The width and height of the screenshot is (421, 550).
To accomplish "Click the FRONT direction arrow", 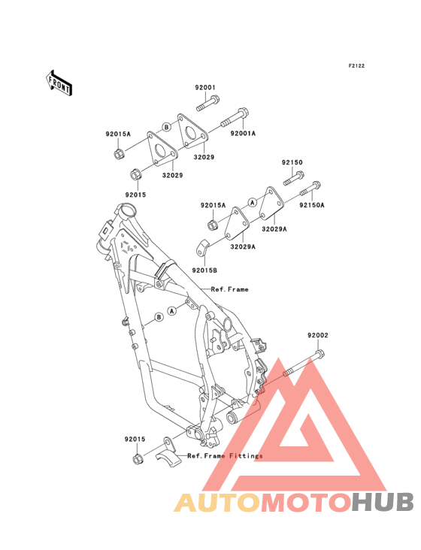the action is coord(59,83).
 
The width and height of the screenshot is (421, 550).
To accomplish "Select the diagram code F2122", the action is coord(356,65).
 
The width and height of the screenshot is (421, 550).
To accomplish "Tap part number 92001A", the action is coord(243,133).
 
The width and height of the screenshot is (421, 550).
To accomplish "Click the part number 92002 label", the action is coord(318,335).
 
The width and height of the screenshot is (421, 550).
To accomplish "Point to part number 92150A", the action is coord(312,205).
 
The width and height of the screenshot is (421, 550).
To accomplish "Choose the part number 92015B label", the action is coord(204,270).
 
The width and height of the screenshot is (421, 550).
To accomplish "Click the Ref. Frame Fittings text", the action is coord(225,455).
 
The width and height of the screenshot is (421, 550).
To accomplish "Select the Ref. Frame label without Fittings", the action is coord(230,289).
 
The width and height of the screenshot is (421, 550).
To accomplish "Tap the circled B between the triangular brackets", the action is coord(167,127).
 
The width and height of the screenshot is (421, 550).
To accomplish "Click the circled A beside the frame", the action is coord(172,311).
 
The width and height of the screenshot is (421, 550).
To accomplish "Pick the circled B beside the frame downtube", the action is coord(159,317).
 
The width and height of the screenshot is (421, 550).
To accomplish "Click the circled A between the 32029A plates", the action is coord(253,202).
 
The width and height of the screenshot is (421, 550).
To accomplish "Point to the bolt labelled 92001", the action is coord(207,103).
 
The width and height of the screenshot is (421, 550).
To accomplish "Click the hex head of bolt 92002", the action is coord(320,354).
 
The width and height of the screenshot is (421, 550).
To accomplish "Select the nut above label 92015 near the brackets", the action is coord(135,174).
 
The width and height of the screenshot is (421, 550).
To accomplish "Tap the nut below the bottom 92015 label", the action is coord(138,458).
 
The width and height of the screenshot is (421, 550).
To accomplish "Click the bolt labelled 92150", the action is coord(294,179).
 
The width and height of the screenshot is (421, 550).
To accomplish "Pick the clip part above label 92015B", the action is coord(201,248).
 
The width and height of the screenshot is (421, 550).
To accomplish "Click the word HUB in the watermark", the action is coord(383,502).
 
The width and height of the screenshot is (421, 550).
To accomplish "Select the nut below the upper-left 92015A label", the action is coord(118,153).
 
